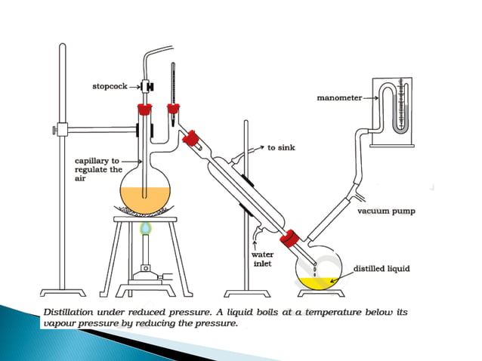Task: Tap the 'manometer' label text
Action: click(x=338, y=97)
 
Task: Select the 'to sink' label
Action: click(x=282, y=147)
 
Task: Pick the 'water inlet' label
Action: click(x=262, y=259)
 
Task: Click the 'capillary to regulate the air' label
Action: click(x=97, y=170)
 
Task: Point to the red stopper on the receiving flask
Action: click(x=287, y=240)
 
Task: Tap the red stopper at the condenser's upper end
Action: click(x=193, y=138)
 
